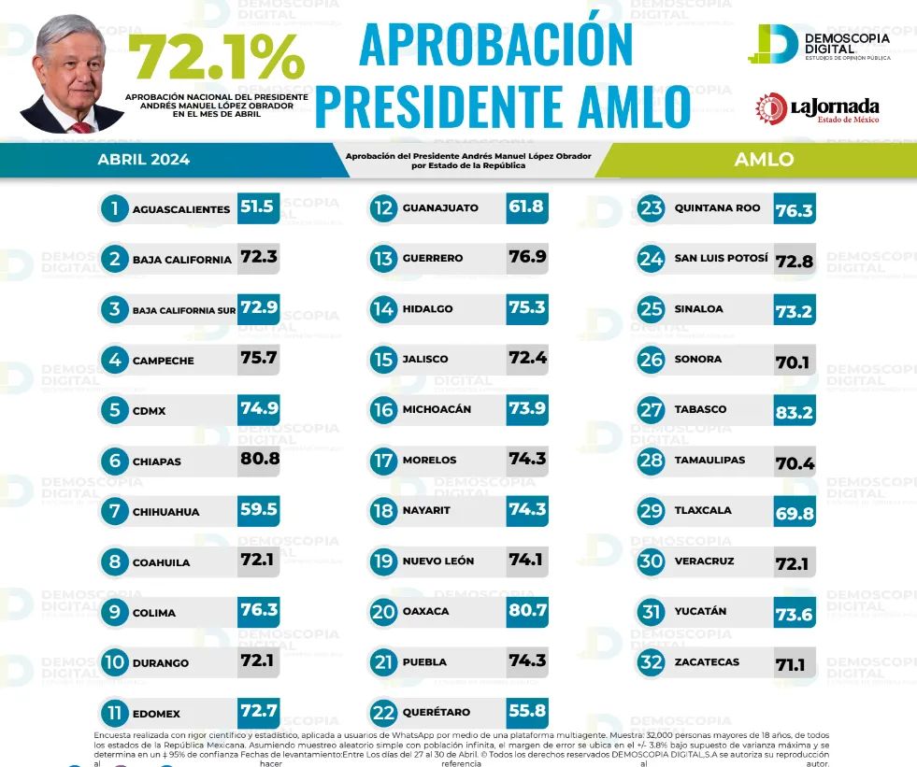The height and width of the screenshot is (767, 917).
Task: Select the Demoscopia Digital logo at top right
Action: click(x=819, y=44)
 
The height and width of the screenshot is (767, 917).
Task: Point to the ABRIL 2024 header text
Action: click(x=143, y=160)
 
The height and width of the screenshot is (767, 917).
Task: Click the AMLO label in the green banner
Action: click(x=764, y=160)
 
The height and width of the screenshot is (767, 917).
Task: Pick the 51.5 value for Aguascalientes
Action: click(x=257, y=207)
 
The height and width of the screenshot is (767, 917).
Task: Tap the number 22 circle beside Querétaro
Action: click(x=383, y=713)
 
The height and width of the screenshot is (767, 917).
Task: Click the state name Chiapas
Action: click(x=157, y=462)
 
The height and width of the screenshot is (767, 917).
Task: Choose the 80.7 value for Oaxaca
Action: click(x=526, y=611)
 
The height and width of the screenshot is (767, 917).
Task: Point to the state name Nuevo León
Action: click(x=437, y=561)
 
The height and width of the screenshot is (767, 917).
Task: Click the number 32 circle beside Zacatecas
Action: click(x=651, y=663)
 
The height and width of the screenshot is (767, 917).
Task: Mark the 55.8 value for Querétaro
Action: click(x=526, y=712)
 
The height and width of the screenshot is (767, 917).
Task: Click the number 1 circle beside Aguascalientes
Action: click(x=114, y=208)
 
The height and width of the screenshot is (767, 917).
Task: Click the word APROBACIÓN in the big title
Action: click(x=495, y=44)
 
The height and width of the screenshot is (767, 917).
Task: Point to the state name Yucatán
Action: click(x=700, y=612)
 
